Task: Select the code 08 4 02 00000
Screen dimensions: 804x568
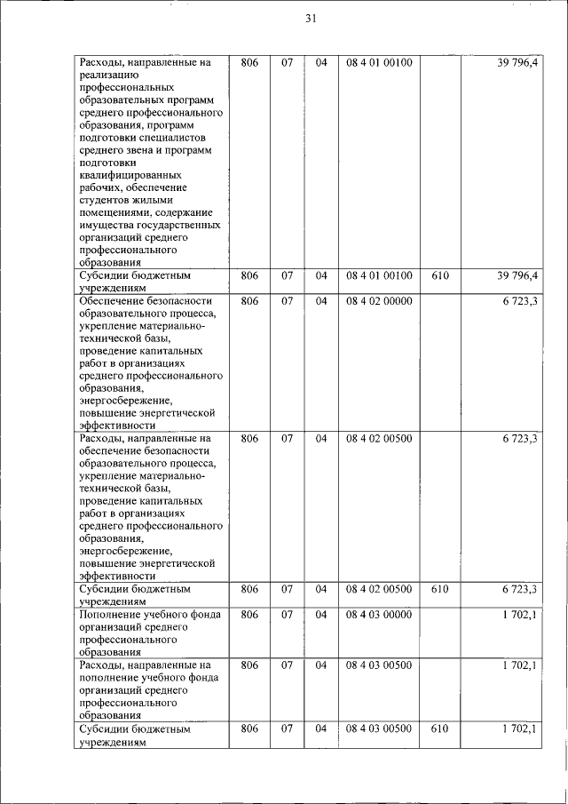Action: pos(379,301)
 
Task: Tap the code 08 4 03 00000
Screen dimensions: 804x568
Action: pos(379,614)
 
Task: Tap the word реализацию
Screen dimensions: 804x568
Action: pos(106,76)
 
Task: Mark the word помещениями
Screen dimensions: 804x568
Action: pos(114,212)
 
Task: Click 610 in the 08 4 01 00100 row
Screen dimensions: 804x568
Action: pos(439,276)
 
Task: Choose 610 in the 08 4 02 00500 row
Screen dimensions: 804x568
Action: pos(439,589)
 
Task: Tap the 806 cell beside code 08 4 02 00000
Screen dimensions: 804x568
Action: pos(249,301)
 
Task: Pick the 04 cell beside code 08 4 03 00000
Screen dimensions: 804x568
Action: pos(321,614)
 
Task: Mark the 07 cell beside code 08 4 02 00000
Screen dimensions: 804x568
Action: pos(288,301)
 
